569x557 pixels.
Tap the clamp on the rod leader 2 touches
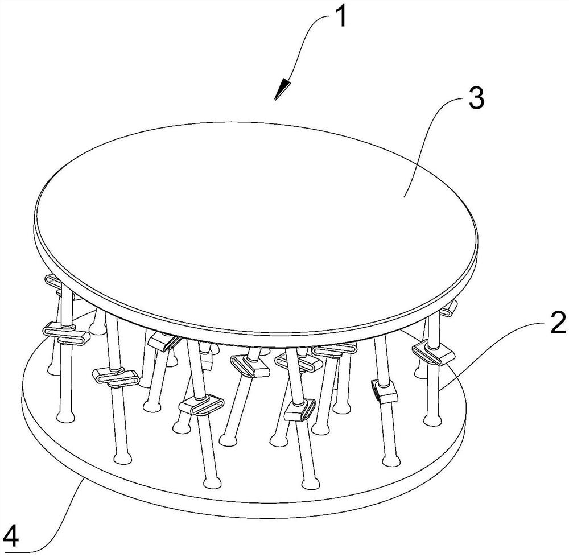pos(433,354)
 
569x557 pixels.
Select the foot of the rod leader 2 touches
pos(432,420)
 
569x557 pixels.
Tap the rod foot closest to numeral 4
pos(66,416)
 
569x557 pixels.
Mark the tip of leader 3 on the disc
pos(404,197)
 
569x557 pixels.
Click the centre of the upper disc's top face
pos(256,222)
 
